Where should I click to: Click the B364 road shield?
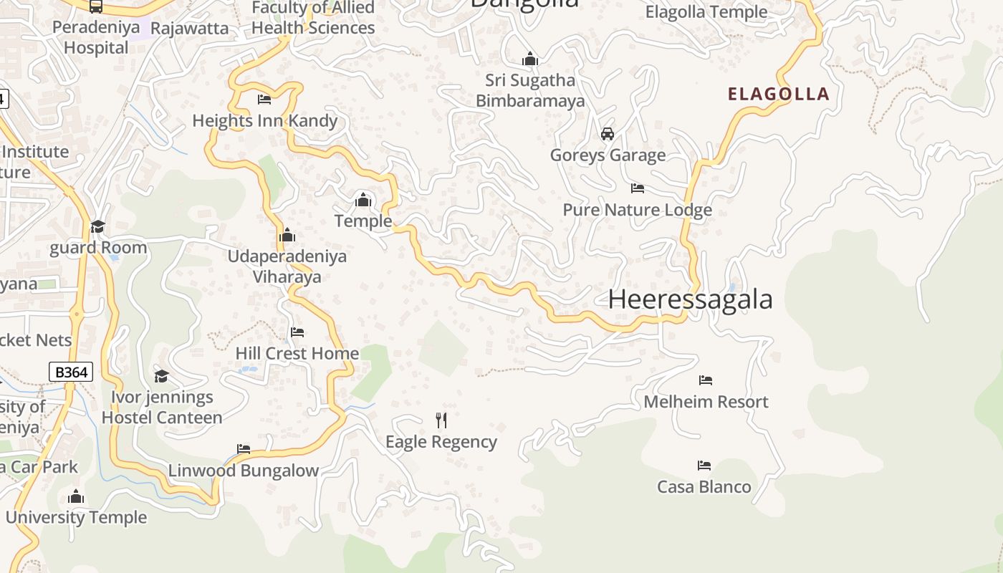(x=71, y=372)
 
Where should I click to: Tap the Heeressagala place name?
(x=690, y=299)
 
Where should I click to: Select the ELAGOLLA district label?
(x=779, y=94)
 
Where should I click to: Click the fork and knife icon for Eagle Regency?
(x=441, y=420)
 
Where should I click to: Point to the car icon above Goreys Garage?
(x=608, y=134)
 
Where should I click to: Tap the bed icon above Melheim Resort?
(x=706, y=380)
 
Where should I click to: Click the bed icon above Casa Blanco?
(x=704, y=466)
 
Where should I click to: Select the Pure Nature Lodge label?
(x=637, y=210)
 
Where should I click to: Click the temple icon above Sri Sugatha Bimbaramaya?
(x=530, y=59)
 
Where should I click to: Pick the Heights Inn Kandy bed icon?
(x=264, y=100)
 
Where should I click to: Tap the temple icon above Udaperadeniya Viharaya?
(x=287, y=235)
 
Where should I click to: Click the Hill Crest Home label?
(x=297, y=353)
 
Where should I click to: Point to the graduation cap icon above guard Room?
(x=97, y=226)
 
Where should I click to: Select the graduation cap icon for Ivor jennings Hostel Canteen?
(x=162, y=376)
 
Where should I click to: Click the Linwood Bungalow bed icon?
(x=244, y=450)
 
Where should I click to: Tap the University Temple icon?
(x=76, y=496)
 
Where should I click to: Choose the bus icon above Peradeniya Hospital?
(x=96, y=6)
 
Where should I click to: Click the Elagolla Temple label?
(x=706, y=12)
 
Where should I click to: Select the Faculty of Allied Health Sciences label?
(x=313, y=18)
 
